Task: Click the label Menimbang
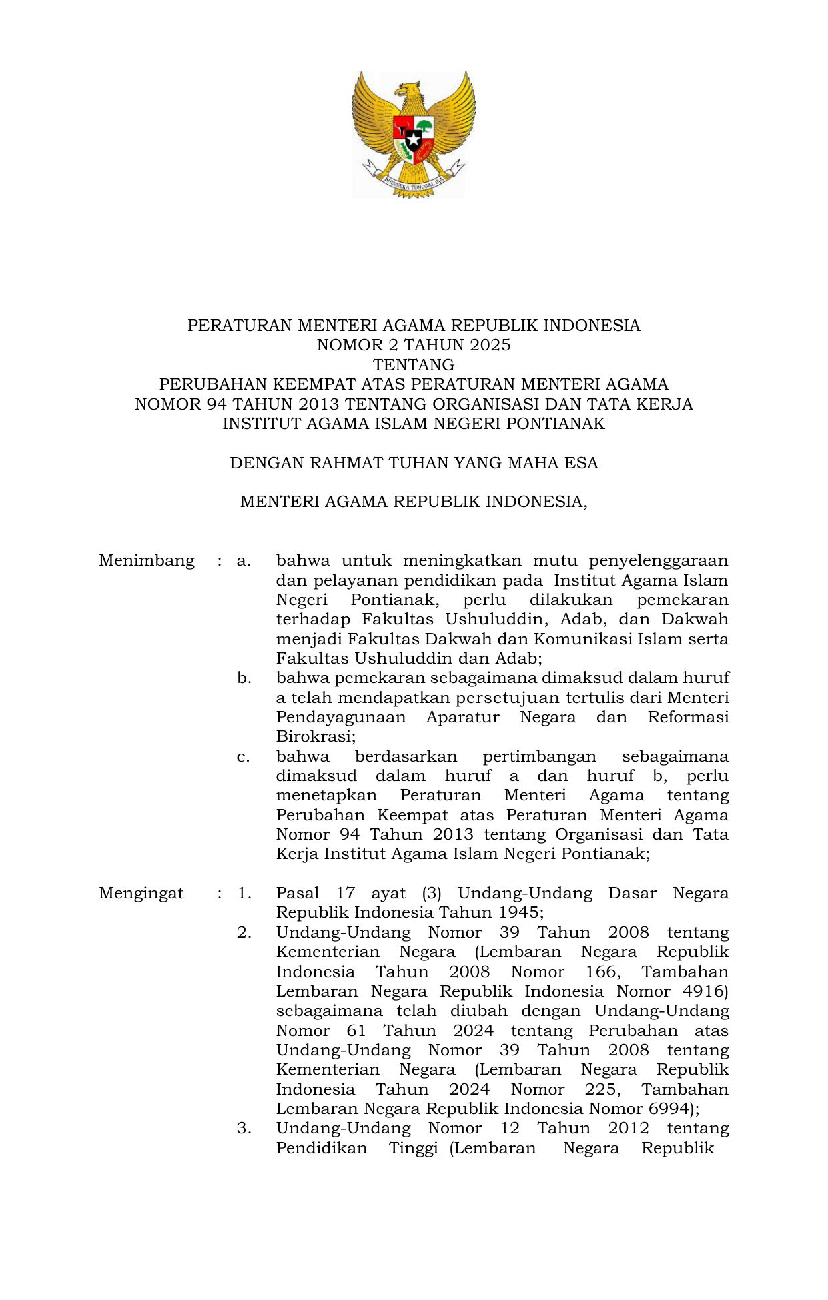pos(147,560)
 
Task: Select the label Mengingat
pos(141,894)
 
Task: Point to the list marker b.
pos(244,678)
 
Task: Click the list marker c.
pos(244,757)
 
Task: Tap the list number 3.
pos(244,1129)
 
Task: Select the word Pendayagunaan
pos(341,718)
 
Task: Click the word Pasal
pos(298,894)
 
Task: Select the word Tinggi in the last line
pos(414,1148)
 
